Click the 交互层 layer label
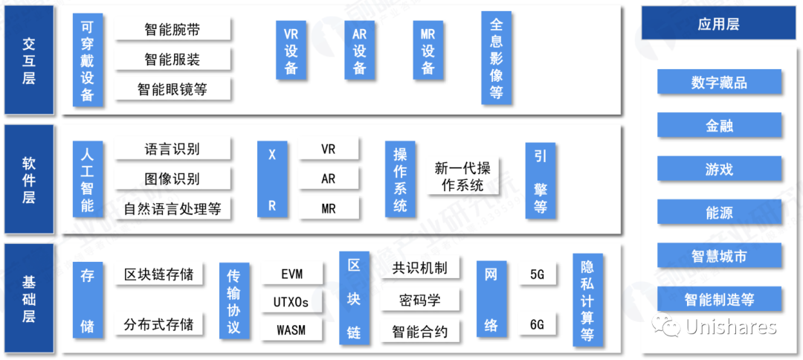coord(29,60)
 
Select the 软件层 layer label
coord(29,180)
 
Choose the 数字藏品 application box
coord(719,83)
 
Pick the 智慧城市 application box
coord(719,257)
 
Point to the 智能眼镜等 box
coord(172,89)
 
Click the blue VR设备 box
coord(291,51)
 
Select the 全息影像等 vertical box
coord(497,59)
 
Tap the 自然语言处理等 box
coord(172,209)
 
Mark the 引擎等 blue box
coord(541,181)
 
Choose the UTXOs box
coord(292,302)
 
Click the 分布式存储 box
coord(159,325)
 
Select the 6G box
coord(537,325)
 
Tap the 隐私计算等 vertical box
coord(587,300)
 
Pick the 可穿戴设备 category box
coord(88,60)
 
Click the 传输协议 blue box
coord(233,300)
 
